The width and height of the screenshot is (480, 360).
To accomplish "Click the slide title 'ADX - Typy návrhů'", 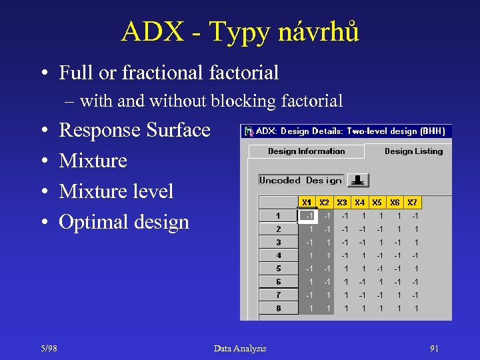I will (240, 31).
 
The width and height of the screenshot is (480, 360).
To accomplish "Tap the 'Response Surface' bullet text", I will (135, 130).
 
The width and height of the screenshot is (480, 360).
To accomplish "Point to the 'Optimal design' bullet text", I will (124, 222).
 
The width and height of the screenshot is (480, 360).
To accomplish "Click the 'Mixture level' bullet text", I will (116, 191).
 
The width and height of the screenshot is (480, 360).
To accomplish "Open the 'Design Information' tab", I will (306, 151).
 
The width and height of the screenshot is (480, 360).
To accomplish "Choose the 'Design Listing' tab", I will (413, 151).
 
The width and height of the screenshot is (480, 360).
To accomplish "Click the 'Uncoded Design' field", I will (301, 180).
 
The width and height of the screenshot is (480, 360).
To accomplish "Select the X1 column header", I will (307, 202).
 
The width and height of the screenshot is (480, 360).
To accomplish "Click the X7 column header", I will (413, 202).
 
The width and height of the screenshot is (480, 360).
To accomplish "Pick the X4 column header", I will (360, 202).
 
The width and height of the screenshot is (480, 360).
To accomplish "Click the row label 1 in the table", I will (278, 216).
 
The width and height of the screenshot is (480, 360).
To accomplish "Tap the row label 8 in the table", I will (278, 309).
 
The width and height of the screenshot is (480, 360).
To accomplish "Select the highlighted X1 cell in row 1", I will (307, 216).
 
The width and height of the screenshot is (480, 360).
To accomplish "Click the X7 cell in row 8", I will (415, 309).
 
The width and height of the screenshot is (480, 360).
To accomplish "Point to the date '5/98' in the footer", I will (49, 349).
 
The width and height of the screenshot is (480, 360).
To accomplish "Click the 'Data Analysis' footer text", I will (240, 349).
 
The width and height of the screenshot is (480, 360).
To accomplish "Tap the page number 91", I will (434, 349).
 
